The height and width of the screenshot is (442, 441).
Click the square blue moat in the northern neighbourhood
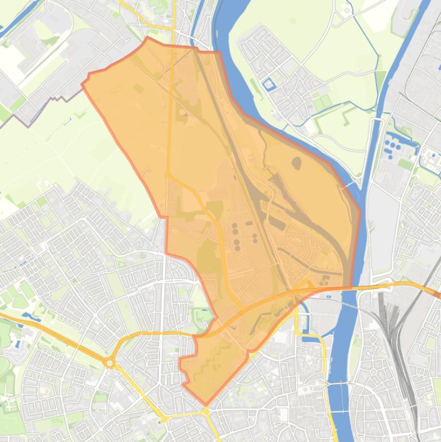(268, 85)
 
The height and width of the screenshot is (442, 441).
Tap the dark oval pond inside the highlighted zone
(296, 164)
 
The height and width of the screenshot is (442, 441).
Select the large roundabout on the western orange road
(110, 363)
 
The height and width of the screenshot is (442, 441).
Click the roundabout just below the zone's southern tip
(206, 411)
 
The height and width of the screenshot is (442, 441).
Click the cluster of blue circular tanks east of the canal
(394, 146)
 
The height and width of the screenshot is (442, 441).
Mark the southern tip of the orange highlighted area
(205, 404)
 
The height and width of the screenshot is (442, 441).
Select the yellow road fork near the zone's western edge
(167, 175)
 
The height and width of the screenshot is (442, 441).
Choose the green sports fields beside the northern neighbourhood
(323, 103)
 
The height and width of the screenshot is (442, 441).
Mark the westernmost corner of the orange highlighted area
(83, 85)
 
